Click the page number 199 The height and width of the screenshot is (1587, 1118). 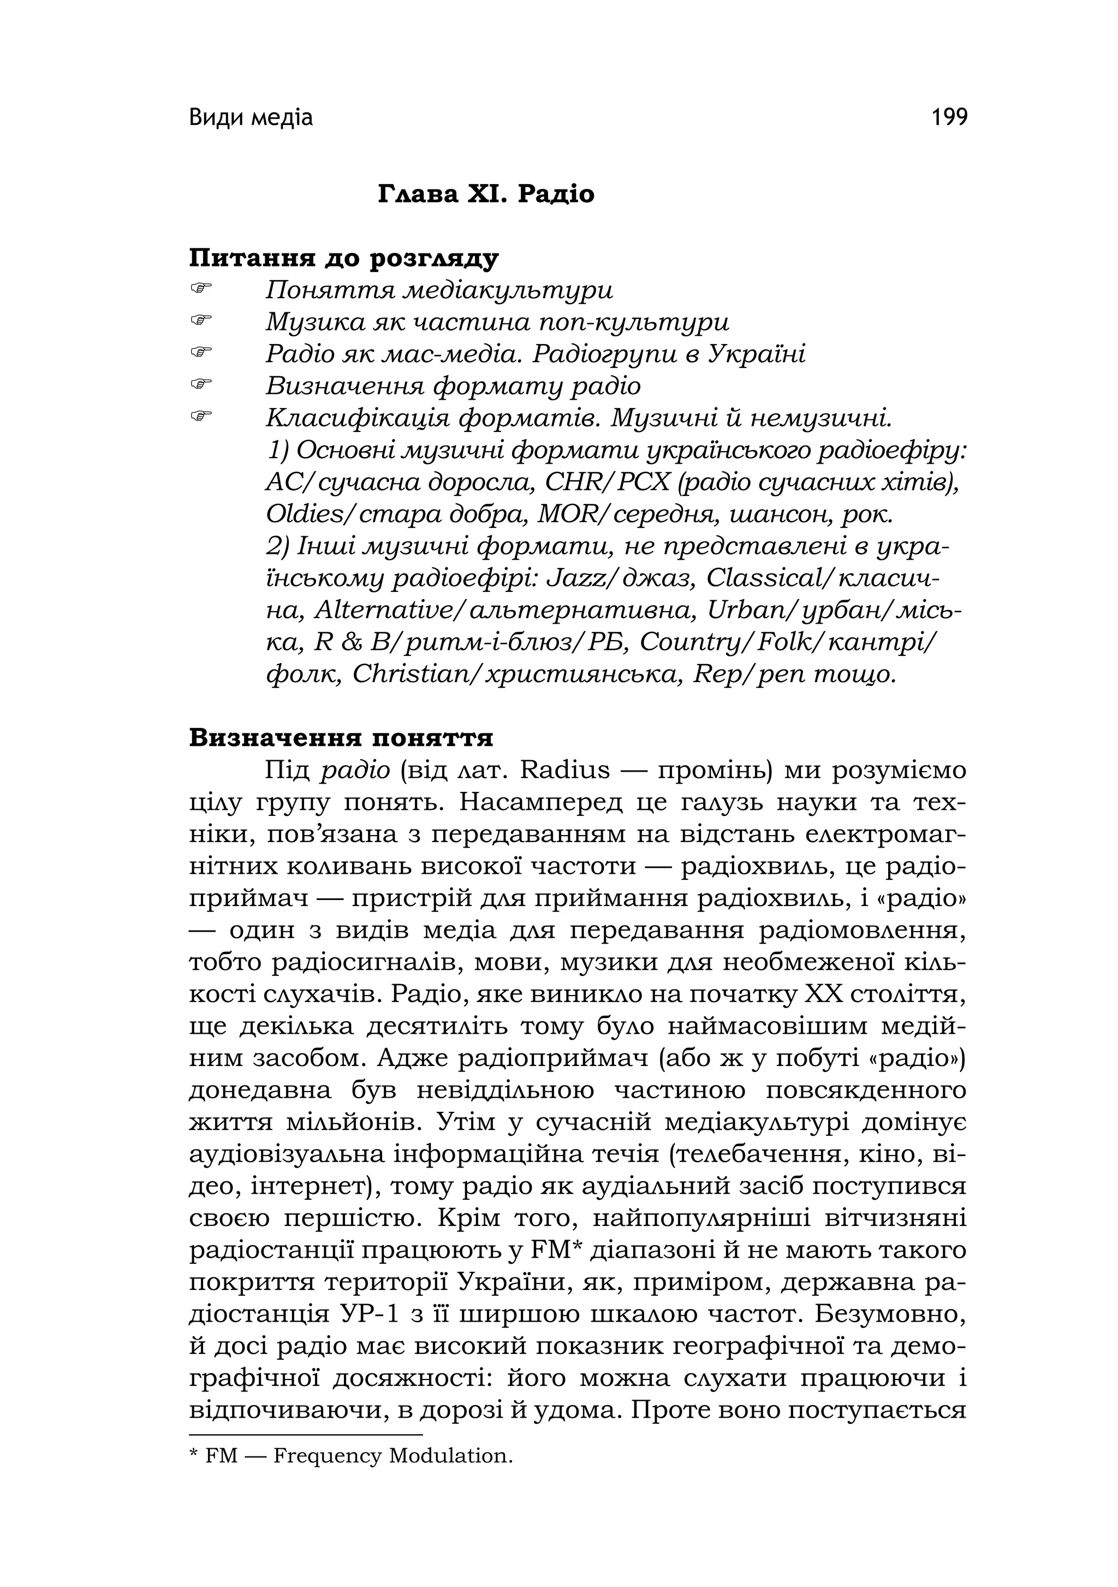click(949, 117)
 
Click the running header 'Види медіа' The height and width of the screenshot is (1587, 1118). click(251, 118)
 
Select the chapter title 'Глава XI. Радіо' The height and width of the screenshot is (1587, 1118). click(486, 194)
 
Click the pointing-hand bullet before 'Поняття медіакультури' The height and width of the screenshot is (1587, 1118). click(200, 288)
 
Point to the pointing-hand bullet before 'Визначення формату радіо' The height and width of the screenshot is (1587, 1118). click(200, 383)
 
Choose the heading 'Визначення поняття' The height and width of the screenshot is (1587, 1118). click(341, 737)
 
